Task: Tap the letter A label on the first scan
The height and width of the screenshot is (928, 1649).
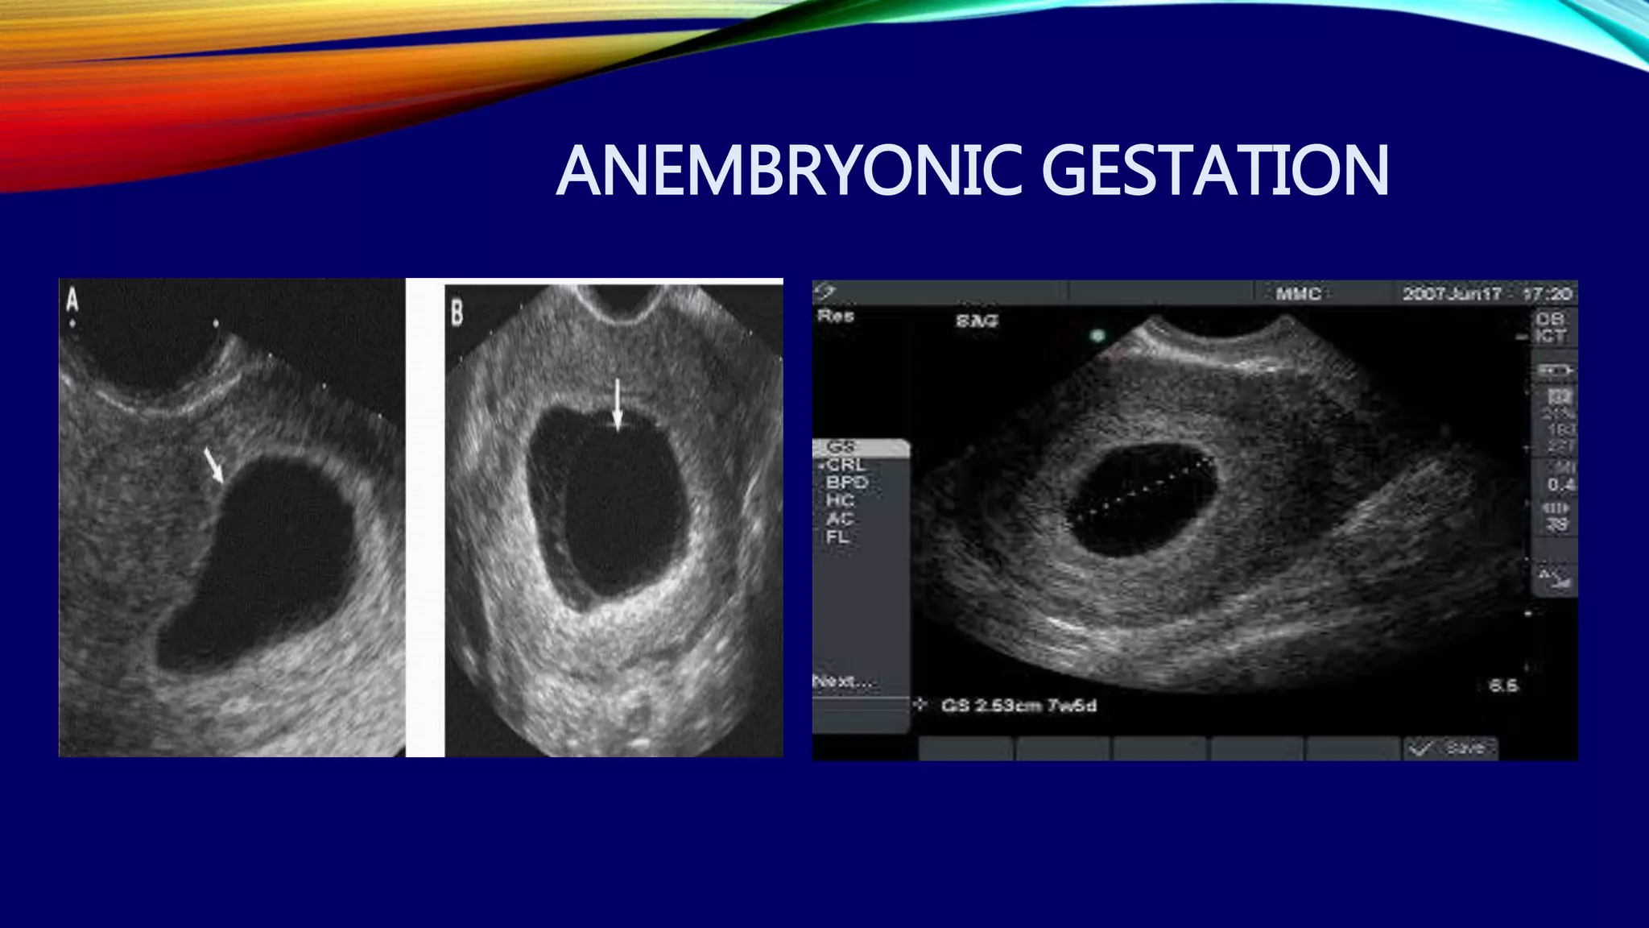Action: pyautogui.click(x=72, y=300)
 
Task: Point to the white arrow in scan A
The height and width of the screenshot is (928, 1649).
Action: pyautogui.click(x=213, y=466)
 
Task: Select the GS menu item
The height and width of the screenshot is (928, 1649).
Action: pyautogui.click(x=841, y=446)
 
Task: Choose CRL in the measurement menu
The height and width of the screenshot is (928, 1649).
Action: pyautogui.click(x=845, y=465)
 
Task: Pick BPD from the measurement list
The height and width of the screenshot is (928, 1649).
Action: pyautogui.click(x=847, y=483)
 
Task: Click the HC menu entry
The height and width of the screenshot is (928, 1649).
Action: pyautogui.click(x=840, y=500)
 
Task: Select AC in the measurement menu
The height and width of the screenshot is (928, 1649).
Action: pyautogui.click(x=840, y=519)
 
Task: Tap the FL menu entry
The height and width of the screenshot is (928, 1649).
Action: pyautogui.click(x=837, y=536)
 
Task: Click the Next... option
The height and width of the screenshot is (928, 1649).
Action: pyautogui.click(x=843, y=681)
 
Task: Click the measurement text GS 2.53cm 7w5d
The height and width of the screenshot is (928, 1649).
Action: pyautogui.click(x=1019, y=706)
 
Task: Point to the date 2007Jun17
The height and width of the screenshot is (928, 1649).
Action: pyautogui.click(x=1452, y=294)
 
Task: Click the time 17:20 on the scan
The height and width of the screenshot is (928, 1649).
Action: pyautogui.click(x=1547, y=294)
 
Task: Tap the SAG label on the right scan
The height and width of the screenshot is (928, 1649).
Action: pyautogui.click(x=977, y=321)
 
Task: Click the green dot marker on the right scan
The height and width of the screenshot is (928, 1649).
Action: pyautogui.click(x=1097, y=335)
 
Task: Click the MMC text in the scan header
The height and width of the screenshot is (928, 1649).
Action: pyautogui.click(x=1298, y=294)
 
